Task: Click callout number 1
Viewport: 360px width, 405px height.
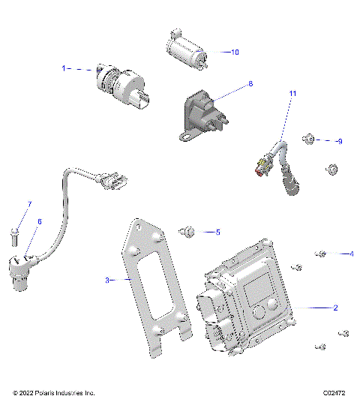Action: pyautogui.click(x=64, y=68)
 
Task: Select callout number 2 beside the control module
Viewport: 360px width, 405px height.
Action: pyautogui.click(x=335, y=308)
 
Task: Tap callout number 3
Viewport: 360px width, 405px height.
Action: pyautogui.click(x=107, y=280)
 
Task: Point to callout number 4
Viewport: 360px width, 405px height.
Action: pyautogui.click(x=351, y=254)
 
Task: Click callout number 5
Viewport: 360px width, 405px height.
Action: pyautogui.click(x=217, y=232)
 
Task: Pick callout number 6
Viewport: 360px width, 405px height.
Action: pyautogui.click(x=40, y=222)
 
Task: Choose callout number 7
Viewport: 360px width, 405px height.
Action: pyautogui.click(x=30, y=204)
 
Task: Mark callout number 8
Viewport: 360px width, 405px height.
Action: pyautogui.click(x=250, y=84)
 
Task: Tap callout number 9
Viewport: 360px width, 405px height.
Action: pyautogui.click(x=339, y=141)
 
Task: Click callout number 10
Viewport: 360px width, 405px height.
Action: pyautogui.click(x=235, y=52)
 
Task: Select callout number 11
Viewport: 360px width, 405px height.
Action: pyautogui.click(x=293, y=94)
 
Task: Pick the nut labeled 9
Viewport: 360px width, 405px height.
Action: pyautogui.click(x=307, y=139)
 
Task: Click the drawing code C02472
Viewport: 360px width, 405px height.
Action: pyautogui.click(x=335, y=393)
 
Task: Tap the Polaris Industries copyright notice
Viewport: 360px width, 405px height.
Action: pyautogui.click(x=54, y=393)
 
